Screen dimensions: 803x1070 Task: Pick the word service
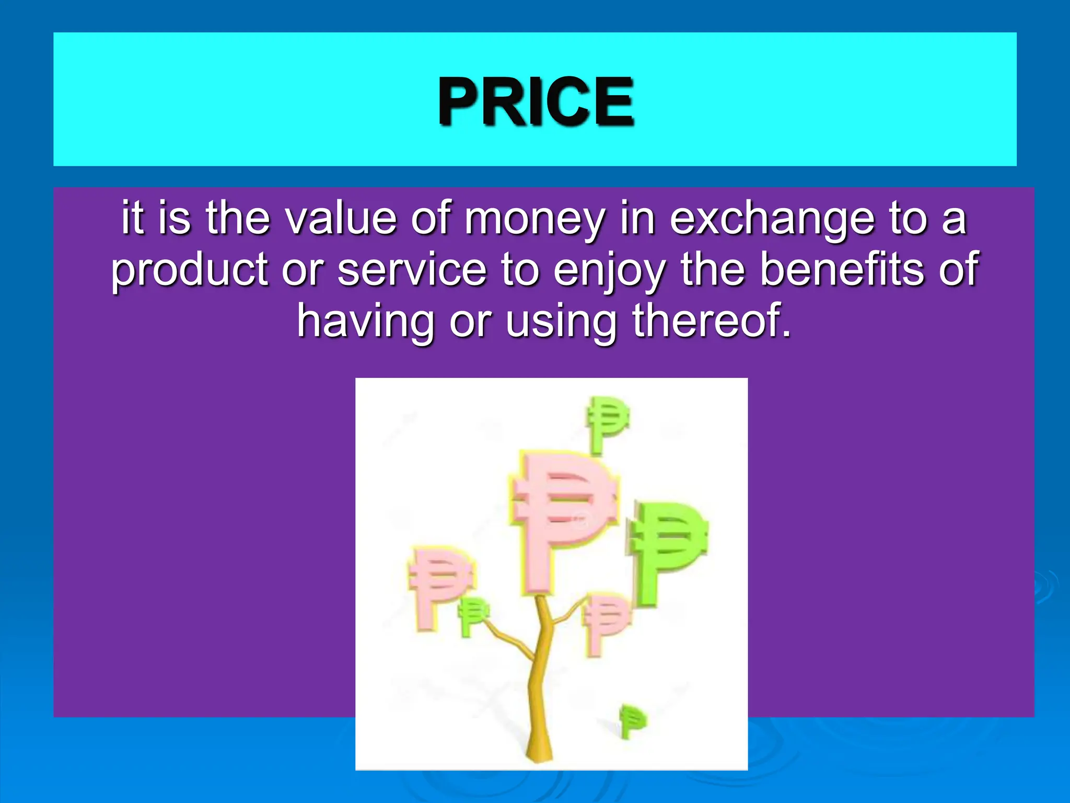(x=412, y=270)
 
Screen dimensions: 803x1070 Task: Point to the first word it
(x=132, y=219)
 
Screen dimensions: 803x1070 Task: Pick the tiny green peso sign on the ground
(x=631, y=721)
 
